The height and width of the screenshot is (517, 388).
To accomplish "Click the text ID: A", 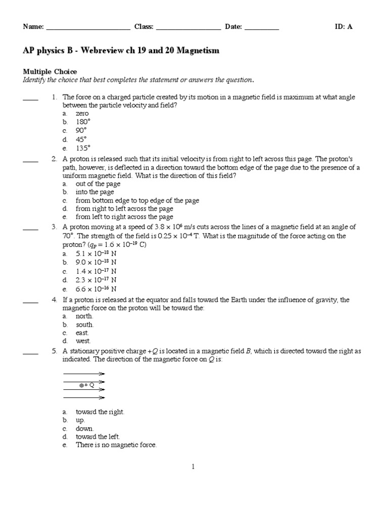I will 344,27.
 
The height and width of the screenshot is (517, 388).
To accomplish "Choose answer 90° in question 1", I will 82,130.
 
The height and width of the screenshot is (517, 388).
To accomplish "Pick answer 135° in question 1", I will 83,148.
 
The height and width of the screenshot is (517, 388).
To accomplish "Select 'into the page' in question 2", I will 95,192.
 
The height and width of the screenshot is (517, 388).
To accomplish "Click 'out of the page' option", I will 98,184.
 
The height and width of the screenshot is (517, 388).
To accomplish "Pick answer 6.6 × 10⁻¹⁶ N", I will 96,289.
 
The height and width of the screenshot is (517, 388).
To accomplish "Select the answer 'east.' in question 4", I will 82,333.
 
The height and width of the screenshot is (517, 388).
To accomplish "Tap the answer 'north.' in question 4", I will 84,316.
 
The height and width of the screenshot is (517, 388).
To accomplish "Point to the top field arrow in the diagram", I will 83,374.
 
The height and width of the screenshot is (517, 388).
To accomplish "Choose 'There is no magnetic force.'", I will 116,445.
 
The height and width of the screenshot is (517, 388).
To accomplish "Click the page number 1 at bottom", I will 193,467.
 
